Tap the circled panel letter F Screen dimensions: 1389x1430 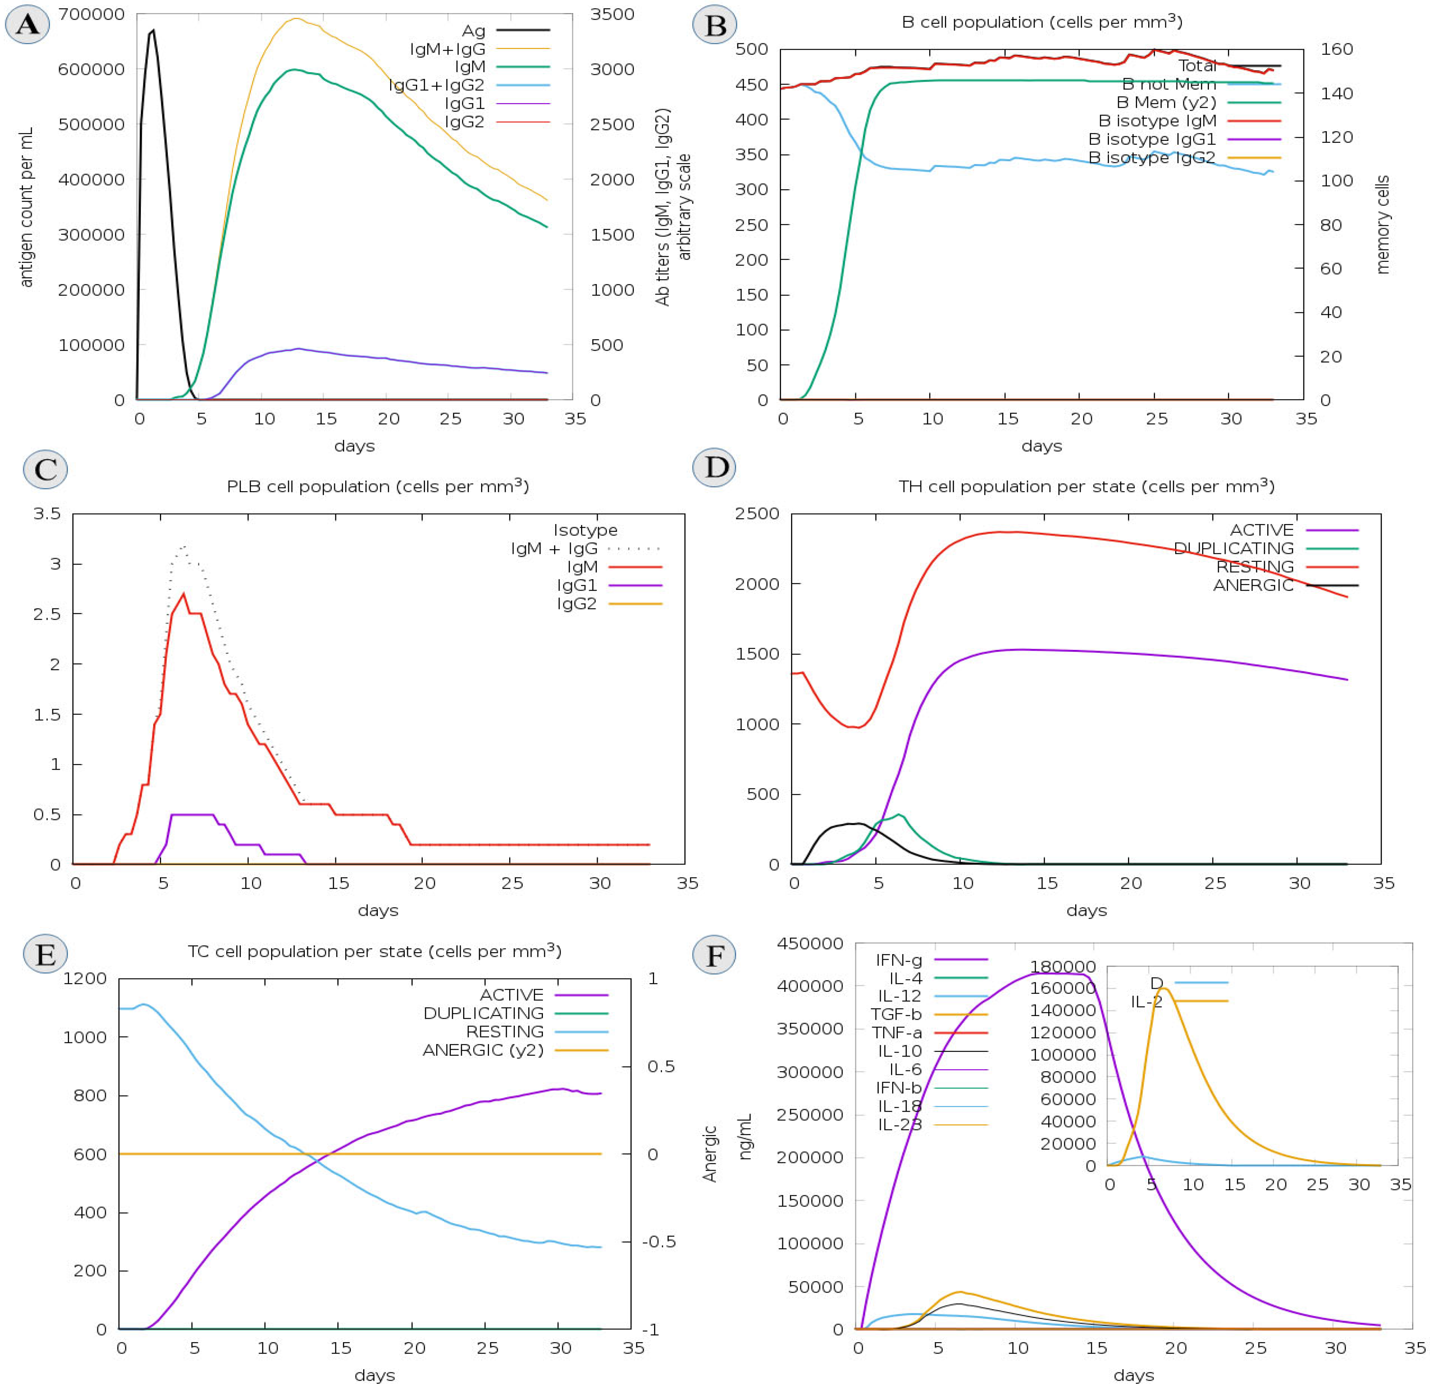click(x=714, y=955)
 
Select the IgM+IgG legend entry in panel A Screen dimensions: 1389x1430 click(x=447, y=49)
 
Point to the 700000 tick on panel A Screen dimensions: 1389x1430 click(x=91, y=14)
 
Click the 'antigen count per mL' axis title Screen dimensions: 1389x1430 click(x=26, y=208)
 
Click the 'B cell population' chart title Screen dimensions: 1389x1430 click(x=1042, y=22)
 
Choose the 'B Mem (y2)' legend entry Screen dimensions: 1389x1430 click(x=1166, y=102)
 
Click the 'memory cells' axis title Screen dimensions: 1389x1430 click(x=1382, y=225)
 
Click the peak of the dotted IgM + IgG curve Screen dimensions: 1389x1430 click(x=184, y=546)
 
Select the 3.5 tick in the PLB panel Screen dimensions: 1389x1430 click(x=47, y=513)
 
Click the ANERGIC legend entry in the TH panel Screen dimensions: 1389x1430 click(x=1253, y=585)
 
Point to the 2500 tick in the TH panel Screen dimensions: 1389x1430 click(x=757, y=513)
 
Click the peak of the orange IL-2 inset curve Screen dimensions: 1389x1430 click(x=1164, y=989)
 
